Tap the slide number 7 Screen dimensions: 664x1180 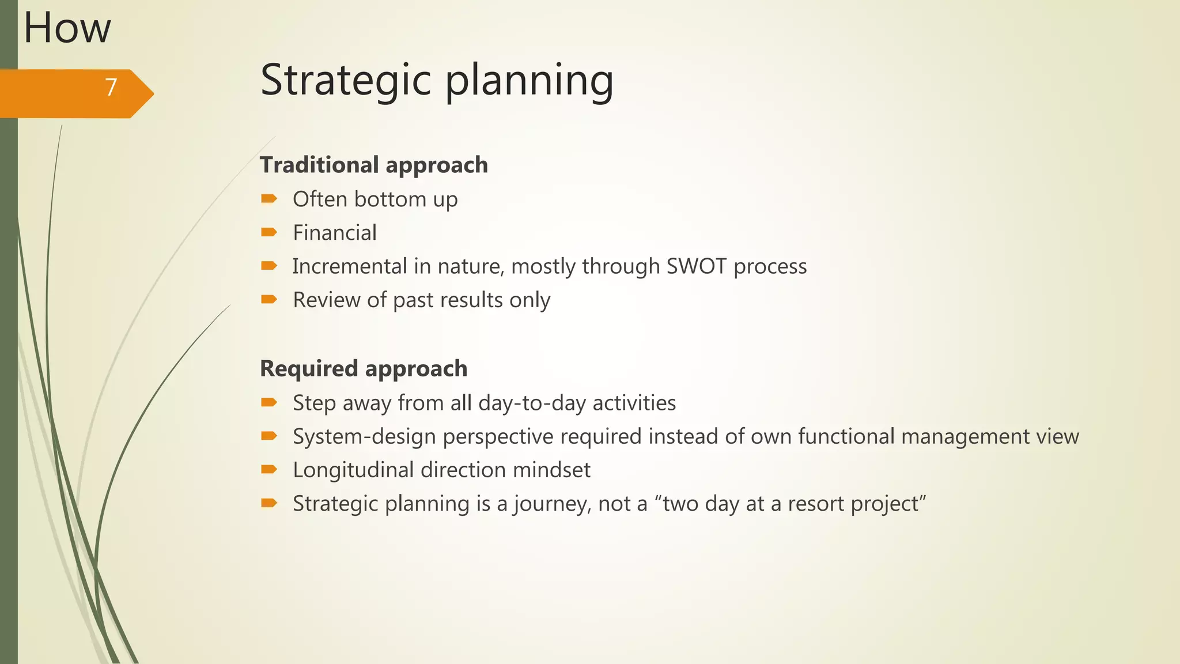(111, 88)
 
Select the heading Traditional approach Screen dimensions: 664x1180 (373, 165)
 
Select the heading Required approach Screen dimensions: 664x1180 (363, 369)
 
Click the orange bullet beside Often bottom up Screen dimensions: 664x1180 (269, 199)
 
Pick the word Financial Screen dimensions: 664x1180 (334, 233)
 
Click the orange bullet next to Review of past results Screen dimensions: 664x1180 (269, 300)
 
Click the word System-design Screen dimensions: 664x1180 (364, 436)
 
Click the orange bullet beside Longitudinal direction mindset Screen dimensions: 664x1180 (269, 470)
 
